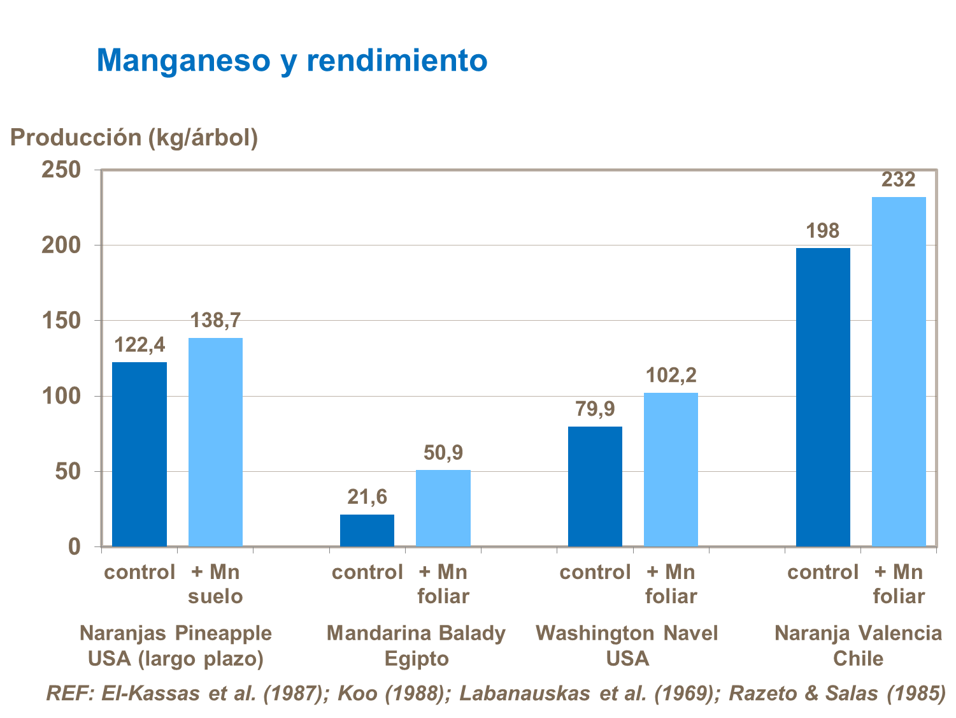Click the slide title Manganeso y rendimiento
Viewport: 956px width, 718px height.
[x=292, y=61]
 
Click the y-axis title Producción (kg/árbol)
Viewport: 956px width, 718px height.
[x=134, y=137]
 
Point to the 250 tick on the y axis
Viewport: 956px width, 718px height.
[x=61, y=170]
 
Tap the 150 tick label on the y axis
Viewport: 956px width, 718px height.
[x=61, y=321]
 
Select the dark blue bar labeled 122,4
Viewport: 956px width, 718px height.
[x=139, y=454]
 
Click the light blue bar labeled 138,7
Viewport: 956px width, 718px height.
[x=215, y=442]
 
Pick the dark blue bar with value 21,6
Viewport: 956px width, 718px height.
[x=367, y=531]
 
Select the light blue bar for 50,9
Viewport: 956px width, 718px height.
[x=443, y=508]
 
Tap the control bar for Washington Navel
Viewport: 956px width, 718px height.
[x=595, y=487]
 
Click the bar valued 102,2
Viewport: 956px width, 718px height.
[x=671, y=469]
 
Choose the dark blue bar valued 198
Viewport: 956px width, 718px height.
[x=823, y=397]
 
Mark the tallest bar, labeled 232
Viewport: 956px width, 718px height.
[x=899, y=371]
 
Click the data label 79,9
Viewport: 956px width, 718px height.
[x=595, y=409]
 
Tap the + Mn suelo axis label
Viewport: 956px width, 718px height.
[x=215, y=584]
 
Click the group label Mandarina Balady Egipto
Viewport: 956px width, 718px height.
[x=417, y=645]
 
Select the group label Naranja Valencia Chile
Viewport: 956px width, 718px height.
[x=858, y=645]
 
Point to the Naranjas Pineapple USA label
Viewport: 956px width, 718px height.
[x=176, y=645]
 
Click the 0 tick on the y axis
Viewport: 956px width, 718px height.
[x=75, y=546]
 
